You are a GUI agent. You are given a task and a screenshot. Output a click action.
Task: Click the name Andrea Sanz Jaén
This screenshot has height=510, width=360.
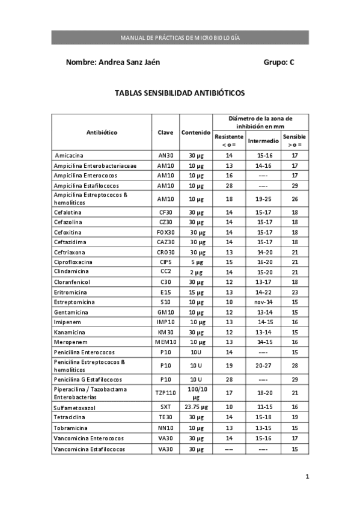113,62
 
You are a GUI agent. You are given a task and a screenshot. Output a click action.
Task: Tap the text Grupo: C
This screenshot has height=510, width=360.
279,62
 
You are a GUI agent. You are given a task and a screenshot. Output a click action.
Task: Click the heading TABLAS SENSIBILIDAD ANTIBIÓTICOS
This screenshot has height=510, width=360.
180,93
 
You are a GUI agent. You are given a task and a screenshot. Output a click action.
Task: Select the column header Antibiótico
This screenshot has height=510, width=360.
102,132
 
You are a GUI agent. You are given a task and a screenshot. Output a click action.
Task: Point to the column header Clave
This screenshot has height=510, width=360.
165,132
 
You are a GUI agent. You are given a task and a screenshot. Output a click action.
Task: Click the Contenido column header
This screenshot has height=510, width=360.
196,132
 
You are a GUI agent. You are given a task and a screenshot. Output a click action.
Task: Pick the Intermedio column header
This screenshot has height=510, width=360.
263,141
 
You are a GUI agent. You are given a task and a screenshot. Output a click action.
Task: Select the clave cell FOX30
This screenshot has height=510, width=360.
165,232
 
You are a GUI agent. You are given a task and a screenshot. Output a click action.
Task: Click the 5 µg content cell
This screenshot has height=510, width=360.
196,262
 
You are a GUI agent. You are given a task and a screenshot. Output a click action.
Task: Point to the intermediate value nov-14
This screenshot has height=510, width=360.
263,302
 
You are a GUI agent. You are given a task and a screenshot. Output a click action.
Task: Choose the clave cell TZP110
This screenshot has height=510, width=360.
165,393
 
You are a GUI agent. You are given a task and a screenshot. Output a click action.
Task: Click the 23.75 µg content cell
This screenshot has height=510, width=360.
196,407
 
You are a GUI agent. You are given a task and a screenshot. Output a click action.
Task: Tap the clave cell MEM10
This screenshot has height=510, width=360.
165,342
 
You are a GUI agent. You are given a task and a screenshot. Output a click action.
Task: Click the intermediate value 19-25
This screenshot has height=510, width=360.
263,199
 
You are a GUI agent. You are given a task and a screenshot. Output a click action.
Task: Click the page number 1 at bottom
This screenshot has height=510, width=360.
307,477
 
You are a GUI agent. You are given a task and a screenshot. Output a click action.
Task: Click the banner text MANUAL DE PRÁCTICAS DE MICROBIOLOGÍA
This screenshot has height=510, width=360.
180,37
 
